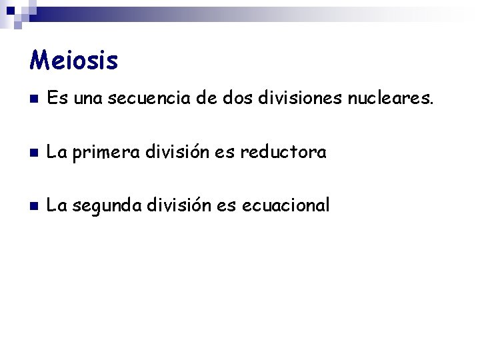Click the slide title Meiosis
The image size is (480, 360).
click(74, 61)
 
